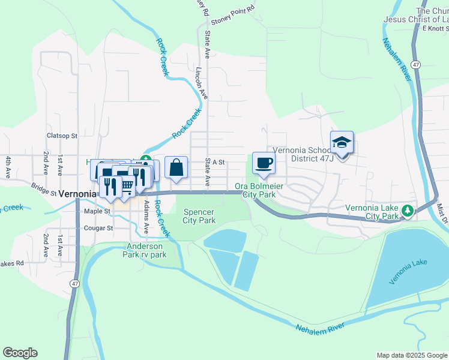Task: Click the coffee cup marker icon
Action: coord(264,162)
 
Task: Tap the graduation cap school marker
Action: coord(342,143)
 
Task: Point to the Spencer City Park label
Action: coord(199,216)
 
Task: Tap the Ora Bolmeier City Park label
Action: coord(259,190)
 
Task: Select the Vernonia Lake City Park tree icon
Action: coord(408,211)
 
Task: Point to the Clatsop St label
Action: coord(62,136)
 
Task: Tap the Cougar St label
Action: coord(98,228)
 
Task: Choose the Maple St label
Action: coord(97,211)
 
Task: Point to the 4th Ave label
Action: coord(8,166)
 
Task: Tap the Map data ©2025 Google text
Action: coord(411,355)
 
